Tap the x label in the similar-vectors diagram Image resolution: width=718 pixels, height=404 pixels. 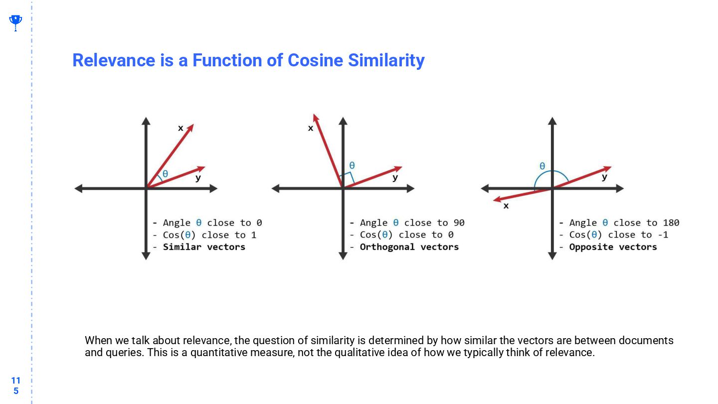point(180,128)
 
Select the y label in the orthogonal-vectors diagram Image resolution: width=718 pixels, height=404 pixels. point(395,178)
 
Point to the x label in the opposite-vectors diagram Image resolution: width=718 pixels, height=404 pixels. point(506,205)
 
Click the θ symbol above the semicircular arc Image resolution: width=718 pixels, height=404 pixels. point(542,166)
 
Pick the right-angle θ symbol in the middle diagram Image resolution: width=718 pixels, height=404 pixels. point(352,166)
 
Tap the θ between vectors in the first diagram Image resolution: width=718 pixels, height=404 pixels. point(165,174)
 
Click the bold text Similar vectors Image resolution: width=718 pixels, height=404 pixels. point(204,247)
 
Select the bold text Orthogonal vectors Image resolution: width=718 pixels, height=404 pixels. point(409,247)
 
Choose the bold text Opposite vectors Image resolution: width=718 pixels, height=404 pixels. point(613,247)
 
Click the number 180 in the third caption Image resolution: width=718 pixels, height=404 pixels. point(671,223)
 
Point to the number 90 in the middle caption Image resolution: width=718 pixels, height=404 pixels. point(459,223)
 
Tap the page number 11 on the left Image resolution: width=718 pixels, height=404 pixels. point(15,381)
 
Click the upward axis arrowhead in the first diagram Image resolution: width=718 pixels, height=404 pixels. point(146,120)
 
